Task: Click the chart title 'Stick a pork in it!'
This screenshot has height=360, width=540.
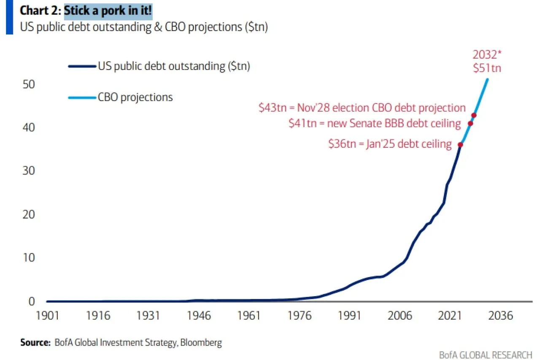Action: [x=108, y=11]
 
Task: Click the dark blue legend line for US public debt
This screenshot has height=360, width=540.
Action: [x=82, y=66]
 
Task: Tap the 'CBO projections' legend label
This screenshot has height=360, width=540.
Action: [x=135, y=97]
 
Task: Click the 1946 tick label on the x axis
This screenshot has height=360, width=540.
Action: [x=199, y=316]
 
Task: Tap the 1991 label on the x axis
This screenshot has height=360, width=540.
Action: [x=349, y=316]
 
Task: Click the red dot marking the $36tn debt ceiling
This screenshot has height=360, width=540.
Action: [x=460, y=145]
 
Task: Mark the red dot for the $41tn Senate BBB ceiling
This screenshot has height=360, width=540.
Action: [x=470, y=123]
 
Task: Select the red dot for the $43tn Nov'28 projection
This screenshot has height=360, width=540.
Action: [x=474, y=115]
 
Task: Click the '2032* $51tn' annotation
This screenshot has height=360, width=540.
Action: [x=486, y=61]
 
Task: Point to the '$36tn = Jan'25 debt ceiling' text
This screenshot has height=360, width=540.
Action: [x=390, y=144]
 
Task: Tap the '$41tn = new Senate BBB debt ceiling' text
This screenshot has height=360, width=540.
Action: [x=375, y=123]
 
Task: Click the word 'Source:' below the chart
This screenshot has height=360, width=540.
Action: [x=35, y=343]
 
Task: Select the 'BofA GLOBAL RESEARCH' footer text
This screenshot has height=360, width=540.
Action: [x=485, y=355]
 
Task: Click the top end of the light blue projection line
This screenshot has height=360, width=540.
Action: [x=487, y=79]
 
